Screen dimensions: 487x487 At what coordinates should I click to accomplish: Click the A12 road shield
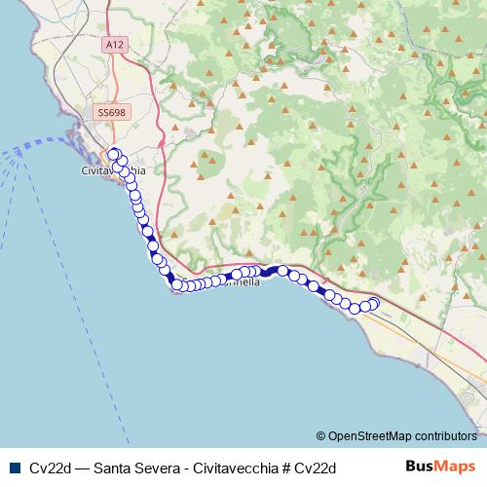tap(117, 71)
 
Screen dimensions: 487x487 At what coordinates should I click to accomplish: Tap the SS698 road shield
tap(110, 113)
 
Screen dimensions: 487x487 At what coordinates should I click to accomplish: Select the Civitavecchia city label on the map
tap(109, 170)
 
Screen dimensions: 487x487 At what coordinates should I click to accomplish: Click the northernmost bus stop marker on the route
tap(113, 154)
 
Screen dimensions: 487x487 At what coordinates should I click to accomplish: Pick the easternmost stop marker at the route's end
tap(372, 303)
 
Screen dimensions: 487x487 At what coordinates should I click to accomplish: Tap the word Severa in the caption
tap(165, 467)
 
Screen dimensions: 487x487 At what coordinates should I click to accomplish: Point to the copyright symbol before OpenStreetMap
tap(320, 435)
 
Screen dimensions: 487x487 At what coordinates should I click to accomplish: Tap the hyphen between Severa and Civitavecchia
tap(193, 467)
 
